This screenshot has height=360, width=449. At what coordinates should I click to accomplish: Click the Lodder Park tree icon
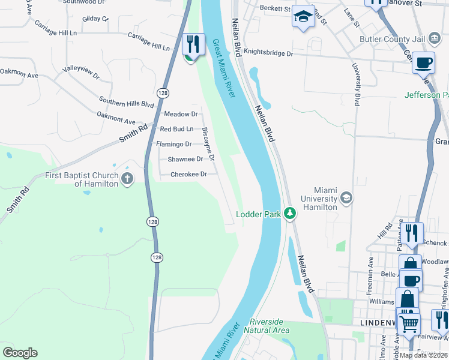pos(290,213)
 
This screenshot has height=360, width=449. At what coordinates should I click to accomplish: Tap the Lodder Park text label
pos(259,214)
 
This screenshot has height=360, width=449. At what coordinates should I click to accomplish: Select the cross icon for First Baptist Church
pos(127,178)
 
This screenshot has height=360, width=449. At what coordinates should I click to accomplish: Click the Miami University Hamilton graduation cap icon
pos(346,197)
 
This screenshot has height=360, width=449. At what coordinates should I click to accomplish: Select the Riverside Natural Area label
pos(270,326)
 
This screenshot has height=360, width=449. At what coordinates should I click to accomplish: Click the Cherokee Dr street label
pos(188,174)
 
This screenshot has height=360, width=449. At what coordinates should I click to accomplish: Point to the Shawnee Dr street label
pos(185,159)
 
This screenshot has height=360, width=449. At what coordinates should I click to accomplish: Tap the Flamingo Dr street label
pos(173,144)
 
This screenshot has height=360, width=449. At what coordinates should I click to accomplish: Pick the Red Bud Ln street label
pos(176,129)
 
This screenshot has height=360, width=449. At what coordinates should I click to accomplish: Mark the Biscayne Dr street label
pos(208,145)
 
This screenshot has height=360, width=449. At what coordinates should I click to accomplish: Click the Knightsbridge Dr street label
pos(269,53)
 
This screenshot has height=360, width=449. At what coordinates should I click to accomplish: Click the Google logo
pos(20,353)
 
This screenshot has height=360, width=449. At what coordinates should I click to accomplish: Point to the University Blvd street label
pos(357,83)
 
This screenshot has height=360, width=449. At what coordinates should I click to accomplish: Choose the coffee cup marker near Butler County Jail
pos(423,62)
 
